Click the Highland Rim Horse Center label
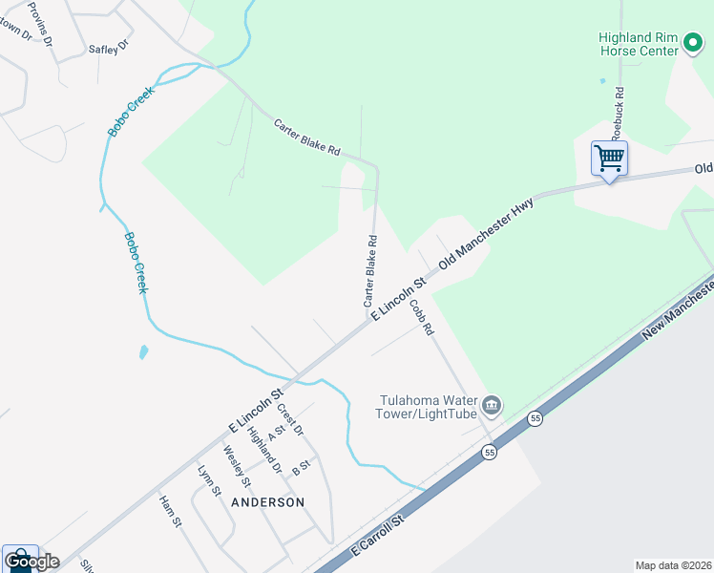(637, 44)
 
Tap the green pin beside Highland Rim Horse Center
(693, 44)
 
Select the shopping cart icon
(608, 158)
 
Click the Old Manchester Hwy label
(485, 234)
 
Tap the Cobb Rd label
(422, 318)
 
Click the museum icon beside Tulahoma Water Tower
(492, 407)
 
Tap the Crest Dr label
(290, 420)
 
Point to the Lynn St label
(208, 480)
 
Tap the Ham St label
(170, 511)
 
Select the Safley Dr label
(108, 47)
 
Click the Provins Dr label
(39, 25)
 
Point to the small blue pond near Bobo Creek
(143, 351)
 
